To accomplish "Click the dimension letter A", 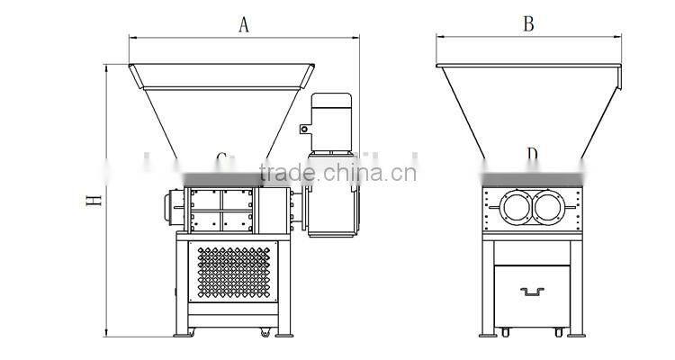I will (x=242, y=24).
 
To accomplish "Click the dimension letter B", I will (x=528, y=24).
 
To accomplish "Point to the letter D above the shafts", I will (x=532, y=157).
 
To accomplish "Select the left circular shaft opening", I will (x=517, y=210).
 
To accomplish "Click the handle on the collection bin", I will (x=532, y=291).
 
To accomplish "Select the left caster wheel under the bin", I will (x=504, y=332).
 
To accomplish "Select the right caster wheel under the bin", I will (x=559, y=332).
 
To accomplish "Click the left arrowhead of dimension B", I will (x=440, y=37).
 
